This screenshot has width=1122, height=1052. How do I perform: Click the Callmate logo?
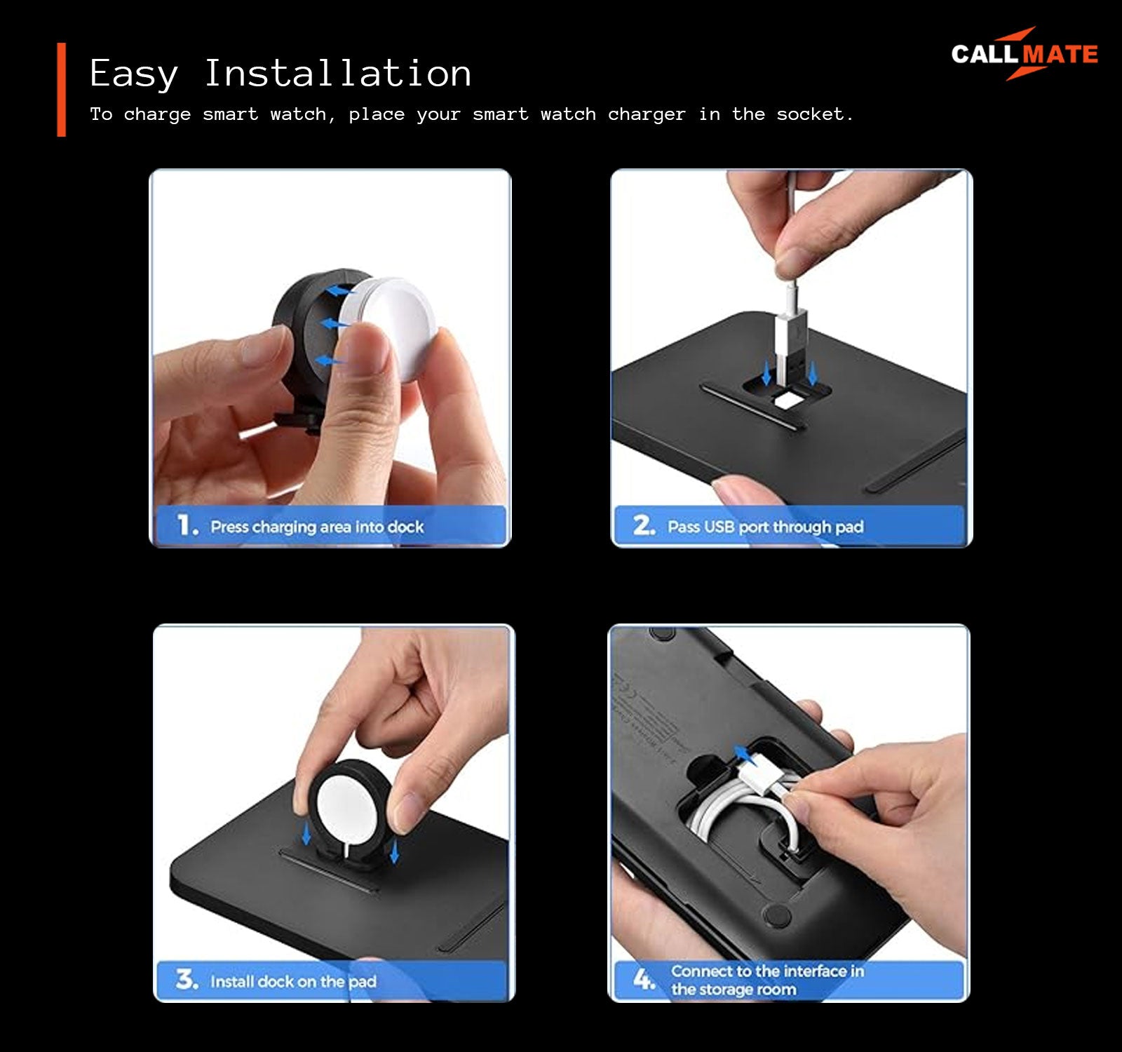point(1025,54)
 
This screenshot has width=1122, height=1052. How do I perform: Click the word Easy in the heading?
point(134,74)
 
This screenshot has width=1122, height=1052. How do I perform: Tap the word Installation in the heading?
point(337,73)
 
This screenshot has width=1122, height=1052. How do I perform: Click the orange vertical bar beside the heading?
point(61,89)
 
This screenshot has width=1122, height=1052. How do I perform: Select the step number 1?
point(187,525)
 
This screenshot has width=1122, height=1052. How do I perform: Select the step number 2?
point(644,525)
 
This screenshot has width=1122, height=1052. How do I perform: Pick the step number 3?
point(187,979)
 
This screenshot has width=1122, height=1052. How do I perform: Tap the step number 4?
point(644,978)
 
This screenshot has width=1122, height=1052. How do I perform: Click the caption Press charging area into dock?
point(317,527)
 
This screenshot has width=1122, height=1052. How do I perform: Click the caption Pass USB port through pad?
point(765,527)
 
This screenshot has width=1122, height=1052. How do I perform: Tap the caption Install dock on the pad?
point(293,981)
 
